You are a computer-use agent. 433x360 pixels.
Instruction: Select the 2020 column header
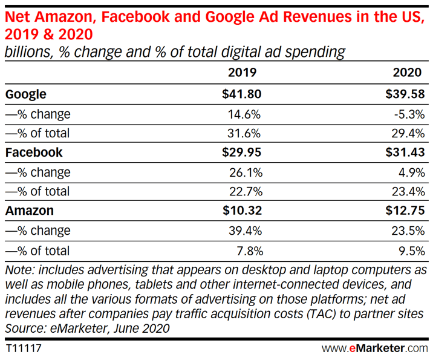407,74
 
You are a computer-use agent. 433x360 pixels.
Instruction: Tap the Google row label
25,94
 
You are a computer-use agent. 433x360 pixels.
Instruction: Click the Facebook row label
34,152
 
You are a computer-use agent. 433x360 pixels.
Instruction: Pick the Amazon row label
30,211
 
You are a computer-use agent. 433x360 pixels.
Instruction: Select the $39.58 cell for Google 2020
403,94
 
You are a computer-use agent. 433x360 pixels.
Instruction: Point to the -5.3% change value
408,114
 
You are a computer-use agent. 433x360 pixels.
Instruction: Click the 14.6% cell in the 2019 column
244,114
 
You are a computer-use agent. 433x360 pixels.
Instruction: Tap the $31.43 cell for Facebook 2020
403,152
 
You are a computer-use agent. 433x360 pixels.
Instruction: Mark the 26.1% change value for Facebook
244,172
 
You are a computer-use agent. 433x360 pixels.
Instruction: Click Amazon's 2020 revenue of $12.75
403,211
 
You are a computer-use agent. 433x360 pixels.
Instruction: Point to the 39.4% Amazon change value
244,231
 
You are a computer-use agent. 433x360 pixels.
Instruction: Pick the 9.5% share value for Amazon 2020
411,250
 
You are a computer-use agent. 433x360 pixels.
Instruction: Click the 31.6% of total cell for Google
244,133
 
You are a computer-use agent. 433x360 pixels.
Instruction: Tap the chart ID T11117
24,349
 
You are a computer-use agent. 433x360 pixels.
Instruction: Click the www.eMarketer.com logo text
374,349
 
